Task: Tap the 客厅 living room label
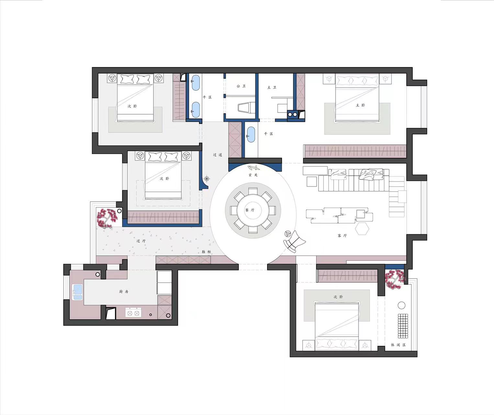pos(342,235)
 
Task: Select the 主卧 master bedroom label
pos(361,105)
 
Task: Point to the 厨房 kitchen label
pos(124,291)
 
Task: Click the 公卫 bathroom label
pos(241,86)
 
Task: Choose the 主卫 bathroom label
pos(272,88)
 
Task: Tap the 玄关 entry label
pos(253,175)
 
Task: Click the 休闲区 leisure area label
pos(399,345)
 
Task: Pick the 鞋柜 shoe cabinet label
pos(206,252)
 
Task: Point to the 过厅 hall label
pos(141,241)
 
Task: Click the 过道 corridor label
pos(218,155)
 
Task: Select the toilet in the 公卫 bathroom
pos(246,108)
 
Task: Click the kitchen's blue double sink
pos(78,292)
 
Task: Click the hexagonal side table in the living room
pos(362,229)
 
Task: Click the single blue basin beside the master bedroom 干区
pos(251,135)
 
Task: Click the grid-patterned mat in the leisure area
pos(403,326)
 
